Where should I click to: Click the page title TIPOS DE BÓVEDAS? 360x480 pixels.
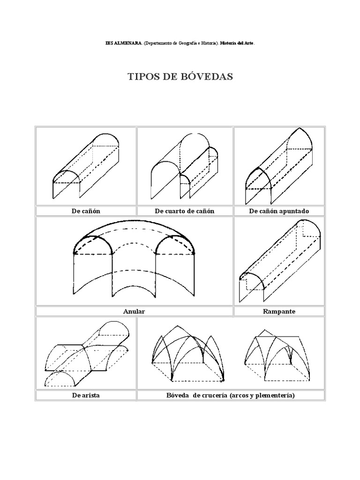[180, 77]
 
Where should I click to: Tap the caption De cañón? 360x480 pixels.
[86, 211]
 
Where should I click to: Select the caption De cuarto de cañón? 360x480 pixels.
[184, 211]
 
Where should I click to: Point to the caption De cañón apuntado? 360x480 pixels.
[278, 211]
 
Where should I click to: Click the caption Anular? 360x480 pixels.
[134, 311]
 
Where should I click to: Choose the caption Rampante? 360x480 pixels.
[279, 311]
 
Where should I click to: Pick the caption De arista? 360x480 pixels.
[86, 395]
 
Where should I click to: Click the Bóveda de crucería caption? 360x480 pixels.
[231, 395]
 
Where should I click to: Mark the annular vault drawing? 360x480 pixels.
[134, 260]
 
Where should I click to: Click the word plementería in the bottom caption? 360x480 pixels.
[273, 395]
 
